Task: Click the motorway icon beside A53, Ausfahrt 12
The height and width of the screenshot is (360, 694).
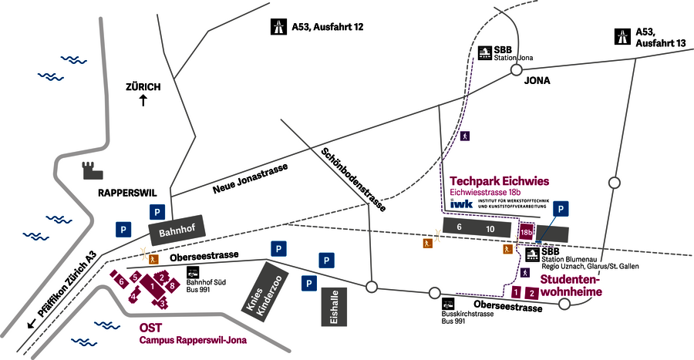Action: pos(278,28)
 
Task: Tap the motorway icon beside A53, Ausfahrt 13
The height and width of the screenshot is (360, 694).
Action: pos(622,35)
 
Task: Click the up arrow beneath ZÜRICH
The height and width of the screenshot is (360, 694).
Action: pos(143,100)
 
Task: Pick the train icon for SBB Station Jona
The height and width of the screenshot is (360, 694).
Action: pos(484,53)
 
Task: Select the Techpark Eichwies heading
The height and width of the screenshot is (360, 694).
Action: pos(499,181)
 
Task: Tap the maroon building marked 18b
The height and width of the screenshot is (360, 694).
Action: pos(527,230)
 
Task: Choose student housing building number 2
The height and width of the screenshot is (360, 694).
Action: pos(531,293)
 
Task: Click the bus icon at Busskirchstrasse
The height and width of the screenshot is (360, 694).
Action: pos(449,304)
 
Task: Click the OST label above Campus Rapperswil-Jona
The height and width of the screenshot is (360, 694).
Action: pos(150,327)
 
